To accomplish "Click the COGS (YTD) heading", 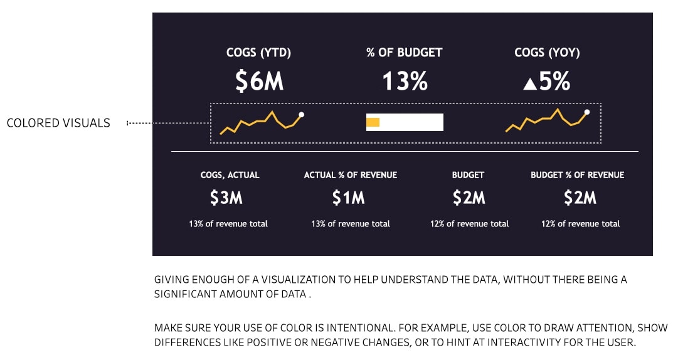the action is [x=259, y=52].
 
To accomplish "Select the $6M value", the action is [x=259, y=81].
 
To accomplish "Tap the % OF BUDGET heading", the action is [x=405, y=52].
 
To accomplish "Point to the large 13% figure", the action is [x=405, y=81].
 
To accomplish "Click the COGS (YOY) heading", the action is [x=547, y=52].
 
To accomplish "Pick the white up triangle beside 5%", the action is [x=530, y=83].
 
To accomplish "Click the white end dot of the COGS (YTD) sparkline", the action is [x=301, y=115].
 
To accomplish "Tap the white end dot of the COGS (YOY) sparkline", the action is [x=586, y=112].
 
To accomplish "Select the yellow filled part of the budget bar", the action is [x=373, y=122].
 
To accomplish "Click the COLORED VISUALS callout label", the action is [x=58, y=123].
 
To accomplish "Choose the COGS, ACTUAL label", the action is [x=230, y=175].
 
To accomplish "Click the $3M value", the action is [x=226, y=198].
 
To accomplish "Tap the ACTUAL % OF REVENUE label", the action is [x=351, y=175].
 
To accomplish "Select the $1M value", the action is [x=349, y=198].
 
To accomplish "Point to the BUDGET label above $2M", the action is [x=468, y=175].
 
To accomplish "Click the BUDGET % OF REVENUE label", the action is [x=577, y=175].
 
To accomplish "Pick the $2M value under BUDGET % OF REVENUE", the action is [x=580, y=198].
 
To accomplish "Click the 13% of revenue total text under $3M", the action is [x=228, y=223].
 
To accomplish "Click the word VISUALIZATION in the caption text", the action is [x=299, y=280].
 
